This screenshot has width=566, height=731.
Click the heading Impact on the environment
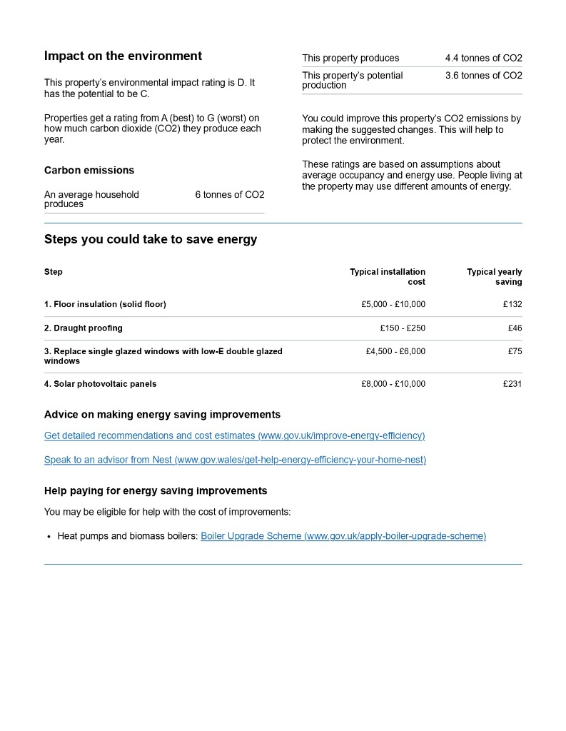(x=123, y=56)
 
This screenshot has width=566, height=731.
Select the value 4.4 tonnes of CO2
(x=483, y=58)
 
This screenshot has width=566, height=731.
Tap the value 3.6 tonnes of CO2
(x=483, y=76)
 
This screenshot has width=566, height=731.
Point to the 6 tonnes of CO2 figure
(x=229, y=194)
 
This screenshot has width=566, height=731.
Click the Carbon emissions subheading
(x=89, y=170)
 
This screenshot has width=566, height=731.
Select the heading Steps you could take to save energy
(x=151, y=239)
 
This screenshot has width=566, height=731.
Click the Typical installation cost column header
(x=388, y=276)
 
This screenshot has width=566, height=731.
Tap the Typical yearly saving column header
(x=495, y=276)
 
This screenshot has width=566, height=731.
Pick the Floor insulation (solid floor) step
(x=105, y=304)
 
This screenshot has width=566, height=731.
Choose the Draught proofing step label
(x=84, y=328)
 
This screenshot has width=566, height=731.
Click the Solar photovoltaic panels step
(x=100, y=384)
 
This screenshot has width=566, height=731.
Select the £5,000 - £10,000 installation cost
(x=393, y=304)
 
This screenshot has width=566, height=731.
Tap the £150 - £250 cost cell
(x=403, y=328)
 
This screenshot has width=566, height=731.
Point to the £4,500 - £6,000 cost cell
(x=395, y=351)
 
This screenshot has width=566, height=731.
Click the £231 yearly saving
(x=512, y=384)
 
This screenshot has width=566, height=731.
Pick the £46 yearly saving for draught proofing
(x=515, y=328)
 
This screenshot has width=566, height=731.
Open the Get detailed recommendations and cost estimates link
(x=234, y=435)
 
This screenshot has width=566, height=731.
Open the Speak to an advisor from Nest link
(x=235, y=460)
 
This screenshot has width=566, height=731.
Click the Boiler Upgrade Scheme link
(x=343, y=535)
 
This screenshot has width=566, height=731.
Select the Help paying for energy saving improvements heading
(x=156, y=490)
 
